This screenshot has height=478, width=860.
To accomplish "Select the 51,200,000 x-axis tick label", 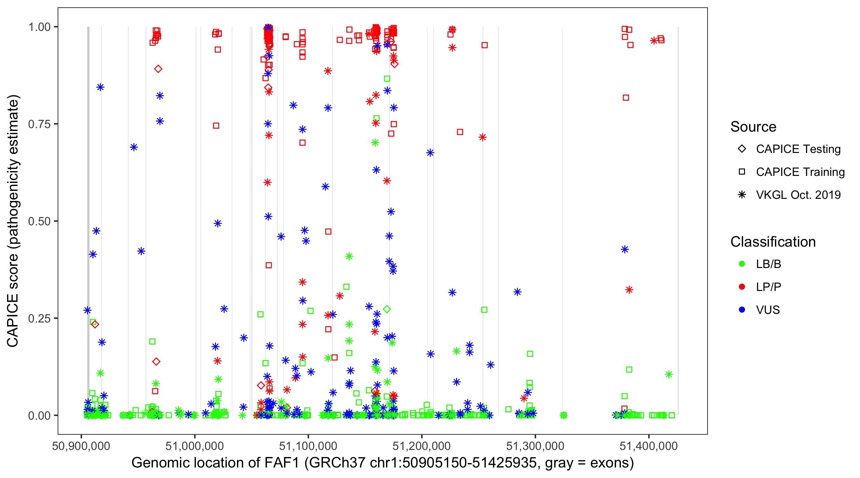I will click(421, 446).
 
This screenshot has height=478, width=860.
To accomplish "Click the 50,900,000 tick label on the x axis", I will click(81, 446).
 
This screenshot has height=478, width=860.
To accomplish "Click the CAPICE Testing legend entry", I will click(798, 149).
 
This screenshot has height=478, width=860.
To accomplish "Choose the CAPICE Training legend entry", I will click(800, 172).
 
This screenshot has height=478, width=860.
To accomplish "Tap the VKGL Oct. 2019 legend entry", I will click(798, 195).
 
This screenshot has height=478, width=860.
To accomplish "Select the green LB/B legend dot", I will click(742, 264).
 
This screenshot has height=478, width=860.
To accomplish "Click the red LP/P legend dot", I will click(742, 287).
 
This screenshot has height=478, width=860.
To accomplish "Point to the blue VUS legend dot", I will click(742, 310).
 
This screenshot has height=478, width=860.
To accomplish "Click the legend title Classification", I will click(773, 242).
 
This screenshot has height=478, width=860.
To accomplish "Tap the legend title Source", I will click(753, 127).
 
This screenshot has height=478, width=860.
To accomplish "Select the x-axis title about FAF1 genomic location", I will click(383, 463).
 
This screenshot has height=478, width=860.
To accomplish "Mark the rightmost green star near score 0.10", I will click(669, 374).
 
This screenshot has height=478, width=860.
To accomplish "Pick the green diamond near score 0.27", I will click(387, 309).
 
